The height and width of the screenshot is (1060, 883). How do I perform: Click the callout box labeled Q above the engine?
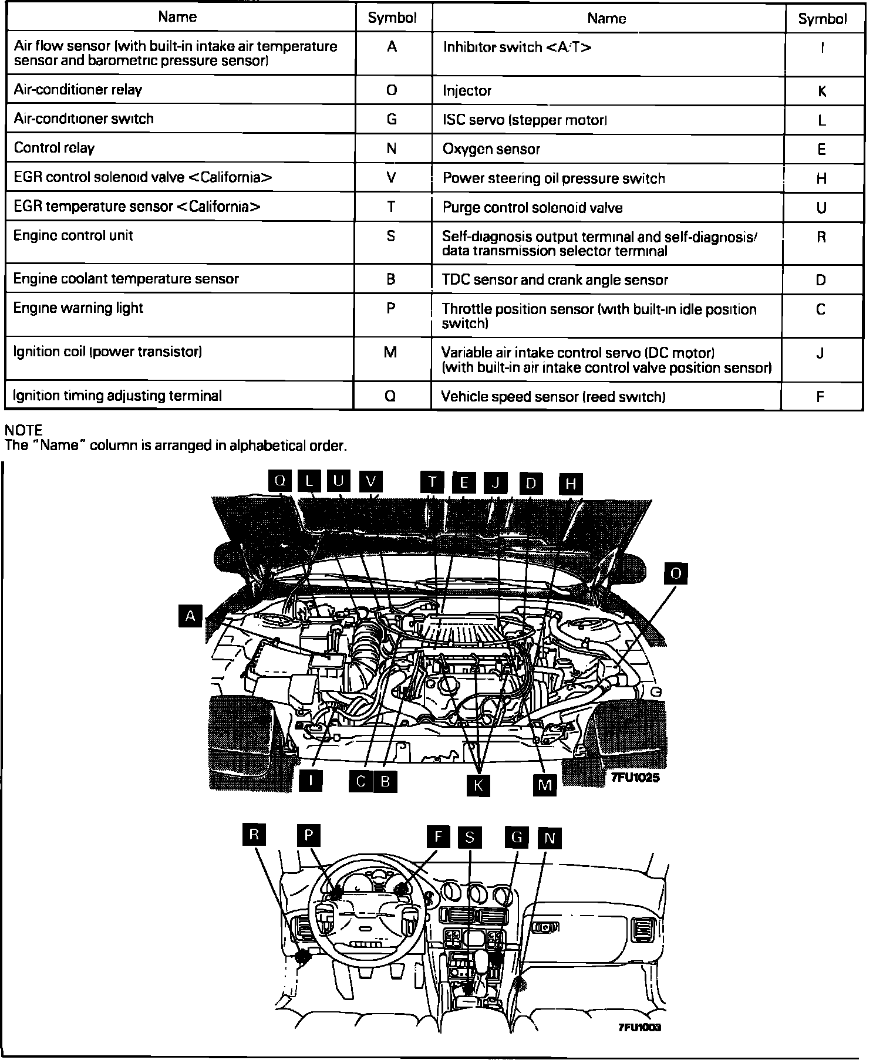[x=281, y=481]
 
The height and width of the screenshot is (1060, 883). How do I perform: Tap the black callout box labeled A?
[x=190, y=616]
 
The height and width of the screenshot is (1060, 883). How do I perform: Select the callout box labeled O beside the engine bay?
[x=676, y=573]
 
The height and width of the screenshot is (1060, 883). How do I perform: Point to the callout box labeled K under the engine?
[x=478, y=786]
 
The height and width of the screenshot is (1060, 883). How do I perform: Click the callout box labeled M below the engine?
[x=544, y=785]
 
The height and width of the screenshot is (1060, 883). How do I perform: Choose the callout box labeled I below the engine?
[x=311, y=781]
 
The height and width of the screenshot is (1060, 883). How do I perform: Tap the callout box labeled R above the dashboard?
[x=254, y=835]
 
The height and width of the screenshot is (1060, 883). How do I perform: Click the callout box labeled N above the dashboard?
[x=550, y=838]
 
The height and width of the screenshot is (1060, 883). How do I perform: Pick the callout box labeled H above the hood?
[x=570, y=484]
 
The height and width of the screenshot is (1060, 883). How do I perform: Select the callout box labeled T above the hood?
[x=432, y=482]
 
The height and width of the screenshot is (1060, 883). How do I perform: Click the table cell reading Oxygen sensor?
[x=608, y=149]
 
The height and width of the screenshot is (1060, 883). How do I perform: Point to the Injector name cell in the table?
[x=608, y=91]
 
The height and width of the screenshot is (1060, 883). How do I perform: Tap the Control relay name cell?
[x=180, y=148]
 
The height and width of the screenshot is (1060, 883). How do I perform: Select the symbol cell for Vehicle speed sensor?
[x=821, y=397]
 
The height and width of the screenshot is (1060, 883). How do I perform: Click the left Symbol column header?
[x=392, y=18]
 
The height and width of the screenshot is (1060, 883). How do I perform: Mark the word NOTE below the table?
[x=23, y=430]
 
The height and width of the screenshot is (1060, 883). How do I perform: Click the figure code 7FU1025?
[x=636, y=777]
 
